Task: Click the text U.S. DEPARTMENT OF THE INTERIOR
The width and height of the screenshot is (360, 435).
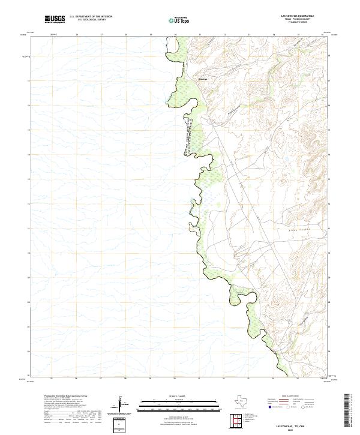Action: tap(91, 17)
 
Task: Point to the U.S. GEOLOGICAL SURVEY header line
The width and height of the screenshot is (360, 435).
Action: tap(91, 20)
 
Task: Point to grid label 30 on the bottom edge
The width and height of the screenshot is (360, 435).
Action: tap(174, 379)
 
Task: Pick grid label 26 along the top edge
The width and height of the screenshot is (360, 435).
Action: tap(77, 35)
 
